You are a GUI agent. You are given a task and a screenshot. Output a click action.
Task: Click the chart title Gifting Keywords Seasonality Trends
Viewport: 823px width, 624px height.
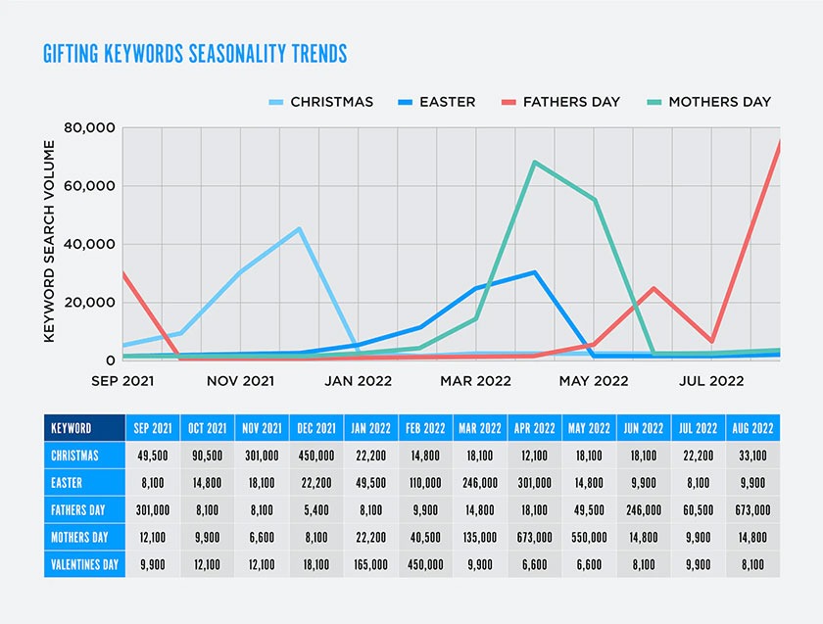coord(195,53)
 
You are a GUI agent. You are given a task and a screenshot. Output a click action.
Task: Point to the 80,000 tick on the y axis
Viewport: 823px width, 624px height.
coord(89,128)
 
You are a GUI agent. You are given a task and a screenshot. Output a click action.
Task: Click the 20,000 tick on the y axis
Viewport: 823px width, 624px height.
coord(89,302)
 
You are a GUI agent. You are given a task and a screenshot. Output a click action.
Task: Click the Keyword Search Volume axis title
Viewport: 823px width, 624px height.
coord(49,241)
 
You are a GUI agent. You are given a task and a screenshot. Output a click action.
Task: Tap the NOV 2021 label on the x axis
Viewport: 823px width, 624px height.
coord(240,380)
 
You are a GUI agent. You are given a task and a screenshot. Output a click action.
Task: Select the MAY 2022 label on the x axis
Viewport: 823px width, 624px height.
coord(593,380)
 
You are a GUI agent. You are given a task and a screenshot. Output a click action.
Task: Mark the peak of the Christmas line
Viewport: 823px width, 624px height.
coord(299,229)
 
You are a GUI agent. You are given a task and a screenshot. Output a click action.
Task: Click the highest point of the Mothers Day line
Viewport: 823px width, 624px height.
coord(534,162)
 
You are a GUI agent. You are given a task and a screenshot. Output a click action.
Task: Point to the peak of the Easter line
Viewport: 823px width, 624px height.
coord(534,272)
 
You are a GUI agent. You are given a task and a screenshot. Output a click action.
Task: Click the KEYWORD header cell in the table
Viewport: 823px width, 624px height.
coord(72,428)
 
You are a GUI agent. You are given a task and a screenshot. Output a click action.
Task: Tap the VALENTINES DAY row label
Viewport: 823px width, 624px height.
coord(84,564)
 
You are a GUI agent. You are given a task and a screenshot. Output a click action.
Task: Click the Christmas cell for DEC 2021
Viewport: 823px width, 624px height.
coord(316,456)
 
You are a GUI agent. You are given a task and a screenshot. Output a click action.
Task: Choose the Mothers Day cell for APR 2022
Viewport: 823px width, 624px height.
coord(534,537)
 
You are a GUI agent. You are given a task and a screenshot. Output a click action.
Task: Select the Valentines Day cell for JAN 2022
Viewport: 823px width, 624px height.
coord(370,564)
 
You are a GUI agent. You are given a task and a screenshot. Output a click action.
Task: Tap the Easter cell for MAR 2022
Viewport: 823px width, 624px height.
coord(479,483)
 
